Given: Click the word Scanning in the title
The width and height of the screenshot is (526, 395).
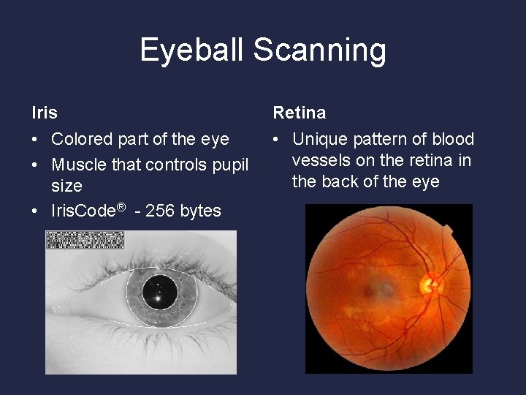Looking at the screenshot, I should (319, 50).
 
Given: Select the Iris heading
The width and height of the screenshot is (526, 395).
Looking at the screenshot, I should (45, 113).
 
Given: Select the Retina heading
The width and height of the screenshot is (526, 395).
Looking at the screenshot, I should (300, 113).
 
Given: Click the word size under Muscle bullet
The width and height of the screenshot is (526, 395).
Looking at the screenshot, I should (66, 186).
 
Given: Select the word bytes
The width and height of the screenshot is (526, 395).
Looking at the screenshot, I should (200, 211).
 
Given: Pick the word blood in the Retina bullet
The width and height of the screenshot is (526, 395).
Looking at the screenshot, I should (453, 139).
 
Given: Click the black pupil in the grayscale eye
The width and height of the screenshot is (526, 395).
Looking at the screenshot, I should (159, 292).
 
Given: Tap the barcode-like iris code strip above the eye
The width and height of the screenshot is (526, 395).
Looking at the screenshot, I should (85, 240).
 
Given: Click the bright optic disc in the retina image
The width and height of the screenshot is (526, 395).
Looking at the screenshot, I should (430, 282).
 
